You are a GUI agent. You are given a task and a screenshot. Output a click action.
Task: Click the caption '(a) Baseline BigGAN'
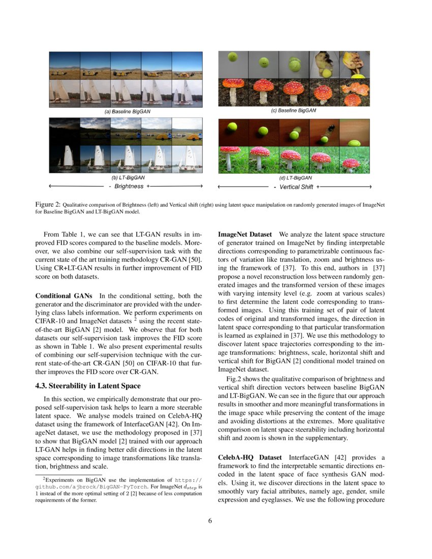tap(128, 111)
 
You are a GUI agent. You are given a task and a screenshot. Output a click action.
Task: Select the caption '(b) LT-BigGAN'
tap(128, 178)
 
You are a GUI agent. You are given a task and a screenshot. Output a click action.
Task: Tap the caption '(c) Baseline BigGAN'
tap(295, 110)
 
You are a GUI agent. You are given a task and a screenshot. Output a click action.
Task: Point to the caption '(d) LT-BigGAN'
tap(295, 178)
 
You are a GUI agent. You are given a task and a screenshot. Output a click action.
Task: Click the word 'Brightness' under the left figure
tap(129, 187)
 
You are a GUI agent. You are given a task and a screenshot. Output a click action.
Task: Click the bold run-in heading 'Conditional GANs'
tap(64, 296)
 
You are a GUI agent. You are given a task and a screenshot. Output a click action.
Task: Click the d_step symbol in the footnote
tap(188, 487)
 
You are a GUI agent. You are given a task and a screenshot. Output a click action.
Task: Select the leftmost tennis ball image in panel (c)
tap(233, 65)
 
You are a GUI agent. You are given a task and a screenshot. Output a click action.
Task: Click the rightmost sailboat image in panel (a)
tap(187, 93)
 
